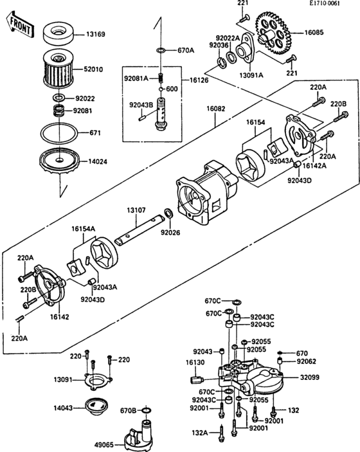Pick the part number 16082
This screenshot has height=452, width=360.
[216, 110]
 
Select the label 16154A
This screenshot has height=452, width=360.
[84, 228]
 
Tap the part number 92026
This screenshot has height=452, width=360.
[169, 232]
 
